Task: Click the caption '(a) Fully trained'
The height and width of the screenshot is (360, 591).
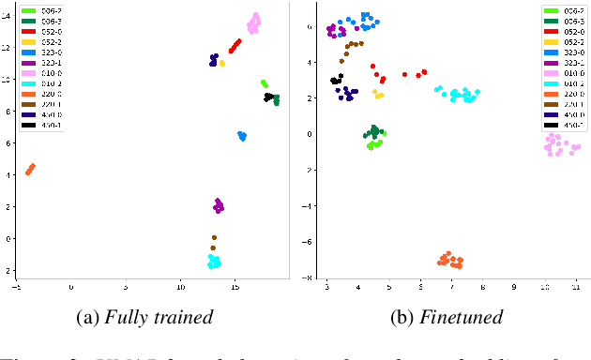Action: tap(146, 317)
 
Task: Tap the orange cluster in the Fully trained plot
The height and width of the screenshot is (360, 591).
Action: tap(30, 169)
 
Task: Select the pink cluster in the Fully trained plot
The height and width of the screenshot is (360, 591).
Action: tap(254, 23)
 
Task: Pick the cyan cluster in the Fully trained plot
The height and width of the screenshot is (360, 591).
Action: tap(214, 262)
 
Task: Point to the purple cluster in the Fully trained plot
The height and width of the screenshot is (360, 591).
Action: tap(219, 205)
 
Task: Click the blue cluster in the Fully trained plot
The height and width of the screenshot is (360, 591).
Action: tap(242, 136)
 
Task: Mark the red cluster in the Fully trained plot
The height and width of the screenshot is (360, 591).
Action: tap(235, 45)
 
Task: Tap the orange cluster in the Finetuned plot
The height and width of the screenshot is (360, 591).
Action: tap(450, 260)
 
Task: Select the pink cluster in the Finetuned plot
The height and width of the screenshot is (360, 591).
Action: tap(561, 144)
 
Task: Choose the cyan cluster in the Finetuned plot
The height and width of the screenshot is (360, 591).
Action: tap(459, 95)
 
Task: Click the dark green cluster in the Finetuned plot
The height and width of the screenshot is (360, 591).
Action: tap(374, 132)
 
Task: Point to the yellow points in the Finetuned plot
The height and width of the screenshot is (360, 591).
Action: tap(378, 94)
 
